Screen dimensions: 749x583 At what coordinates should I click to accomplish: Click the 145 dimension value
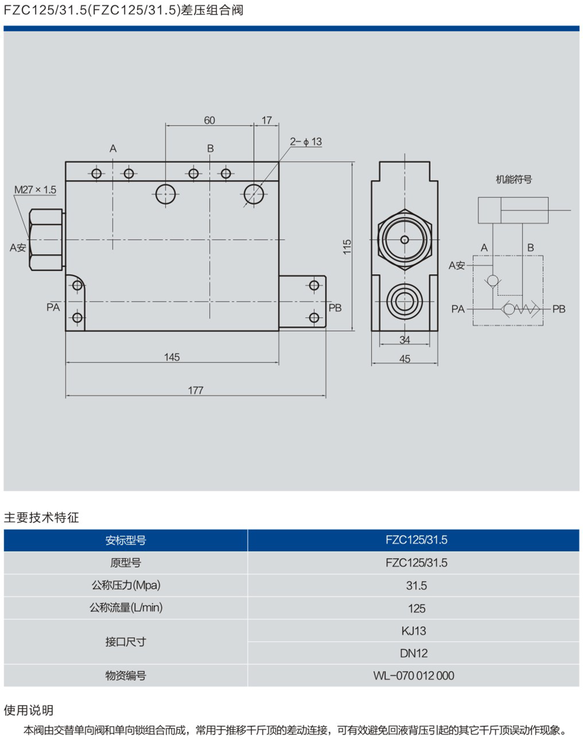coord(172,357)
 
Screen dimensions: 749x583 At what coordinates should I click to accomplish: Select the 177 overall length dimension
coord(195,390)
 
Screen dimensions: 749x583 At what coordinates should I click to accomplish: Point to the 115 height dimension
coord(347,246)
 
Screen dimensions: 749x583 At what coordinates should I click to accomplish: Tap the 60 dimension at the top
coord(209,120)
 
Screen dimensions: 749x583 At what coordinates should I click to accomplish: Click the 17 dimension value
coord(267,120)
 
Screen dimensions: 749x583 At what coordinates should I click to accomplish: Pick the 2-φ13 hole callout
coord(306,141)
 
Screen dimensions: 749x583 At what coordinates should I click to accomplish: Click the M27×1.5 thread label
coord(35,189)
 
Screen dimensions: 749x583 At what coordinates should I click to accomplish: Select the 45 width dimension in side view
coord(405,359)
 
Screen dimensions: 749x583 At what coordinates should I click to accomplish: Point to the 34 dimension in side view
coord(405,340)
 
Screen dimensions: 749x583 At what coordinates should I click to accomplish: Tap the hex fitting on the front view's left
coord(46,240)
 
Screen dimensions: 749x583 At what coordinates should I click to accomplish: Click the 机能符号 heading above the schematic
coord(513,180)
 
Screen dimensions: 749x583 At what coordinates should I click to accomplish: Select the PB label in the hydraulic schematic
coord(558,309)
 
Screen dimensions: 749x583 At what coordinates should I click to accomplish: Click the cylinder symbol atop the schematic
coord(513,210)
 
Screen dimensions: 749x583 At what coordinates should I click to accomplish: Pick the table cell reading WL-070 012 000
coord(413,675)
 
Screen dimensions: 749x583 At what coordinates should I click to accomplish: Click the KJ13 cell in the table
coord(413,631)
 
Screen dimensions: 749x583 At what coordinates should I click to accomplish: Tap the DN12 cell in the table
coord(413,653)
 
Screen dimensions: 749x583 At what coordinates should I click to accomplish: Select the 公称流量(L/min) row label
coord(126,608)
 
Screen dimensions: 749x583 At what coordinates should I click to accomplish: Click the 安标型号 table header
coord(126,540)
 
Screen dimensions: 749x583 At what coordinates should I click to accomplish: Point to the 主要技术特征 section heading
coord(41,517)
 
